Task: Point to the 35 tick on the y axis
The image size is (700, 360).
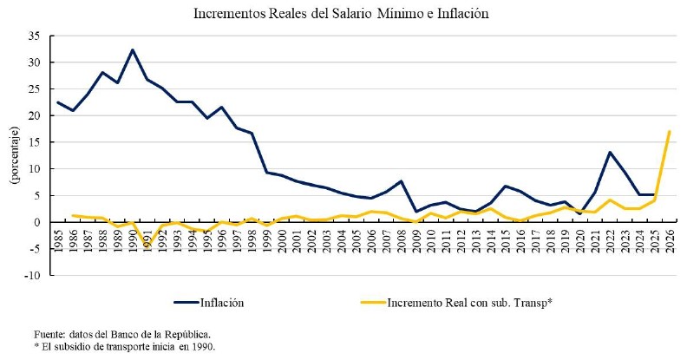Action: (36, 36)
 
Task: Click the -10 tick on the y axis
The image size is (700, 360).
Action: (34, 275)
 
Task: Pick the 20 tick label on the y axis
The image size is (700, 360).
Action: (36, 115)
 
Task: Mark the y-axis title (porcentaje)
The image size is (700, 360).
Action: (14, 155)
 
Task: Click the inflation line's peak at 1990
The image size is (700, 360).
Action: (132, 50)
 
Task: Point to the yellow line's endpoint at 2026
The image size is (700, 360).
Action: (669, 132)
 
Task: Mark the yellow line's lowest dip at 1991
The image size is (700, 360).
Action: (147, 246)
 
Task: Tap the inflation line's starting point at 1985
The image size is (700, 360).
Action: (57, 102)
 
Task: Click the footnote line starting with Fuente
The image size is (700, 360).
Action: (122, 334)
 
